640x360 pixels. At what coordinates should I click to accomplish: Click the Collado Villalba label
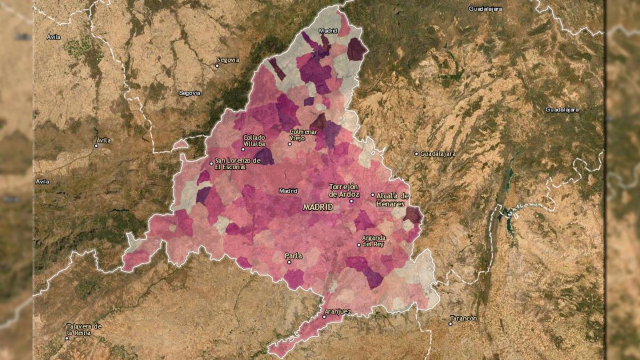tap(254, 141)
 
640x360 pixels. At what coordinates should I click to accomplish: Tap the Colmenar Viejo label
tap(303, 134)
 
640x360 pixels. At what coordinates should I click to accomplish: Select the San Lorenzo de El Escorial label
tap(237, 163)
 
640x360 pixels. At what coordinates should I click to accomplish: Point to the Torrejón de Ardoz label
tap(345, 190)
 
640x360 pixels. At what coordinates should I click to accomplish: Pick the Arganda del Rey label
tap(373, 241)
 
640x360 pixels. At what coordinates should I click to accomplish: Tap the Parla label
tap(293, 256)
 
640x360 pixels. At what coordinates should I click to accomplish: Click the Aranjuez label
tap(336, 310)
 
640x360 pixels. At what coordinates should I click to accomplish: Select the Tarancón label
tap(464, 318)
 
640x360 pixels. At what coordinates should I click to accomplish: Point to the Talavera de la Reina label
tap(84, 329)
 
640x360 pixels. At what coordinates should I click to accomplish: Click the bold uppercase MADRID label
tap(318, 207)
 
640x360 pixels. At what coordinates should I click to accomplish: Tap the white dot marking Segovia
tap(217, 66)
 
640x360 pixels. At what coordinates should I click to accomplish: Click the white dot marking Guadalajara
tap(417, 154)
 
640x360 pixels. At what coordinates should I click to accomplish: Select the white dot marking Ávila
tap(96, 145)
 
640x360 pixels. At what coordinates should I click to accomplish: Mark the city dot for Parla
tap(289, 262)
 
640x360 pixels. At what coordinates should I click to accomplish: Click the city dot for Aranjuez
tap(324, 316)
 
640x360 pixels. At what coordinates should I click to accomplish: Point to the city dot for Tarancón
tap(450, 323)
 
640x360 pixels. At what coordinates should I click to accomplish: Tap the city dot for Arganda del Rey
tap(358, 245)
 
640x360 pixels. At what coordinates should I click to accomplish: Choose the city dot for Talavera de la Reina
tap(67, 338)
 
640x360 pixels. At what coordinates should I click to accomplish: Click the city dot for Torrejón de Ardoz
tap(351, 201)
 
